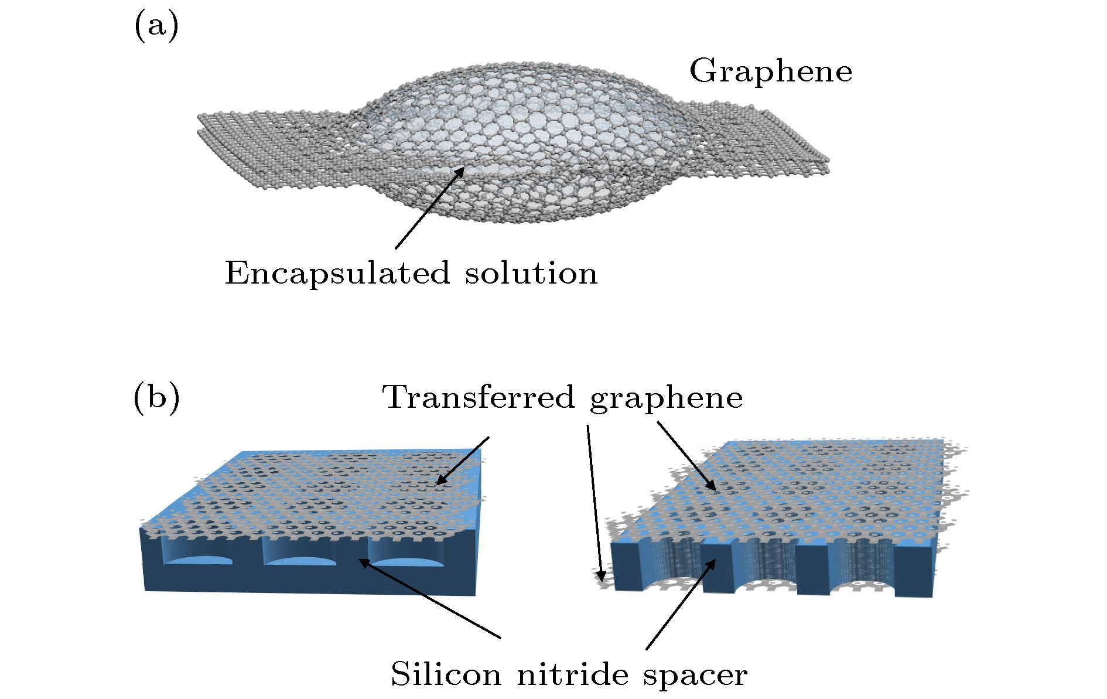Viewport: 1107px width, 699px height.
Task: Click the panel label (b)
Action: click(156, 398)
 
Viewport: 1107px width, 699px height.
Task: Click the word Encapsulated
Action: click(337, 273)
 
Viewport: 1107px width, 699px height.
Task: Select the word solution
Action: click(531, 273)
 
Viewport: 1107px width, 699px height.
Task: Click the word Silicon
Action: click(446, 674)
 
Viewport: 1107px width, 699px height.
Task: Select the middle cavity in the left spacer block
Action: click(299, 553)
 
